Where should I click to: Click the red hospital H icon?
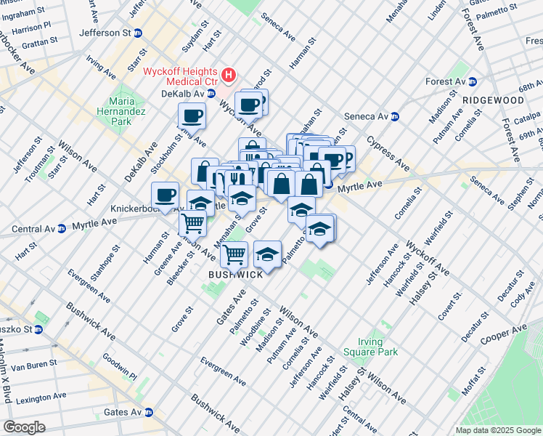[229, 74]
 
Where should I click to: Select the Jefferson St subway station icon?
[138, 33]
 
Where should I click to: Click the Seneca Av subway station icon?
[395, 116]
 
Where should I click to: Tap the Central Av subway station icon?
[62, 227]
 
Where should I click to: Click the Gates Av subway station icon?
[149, 412]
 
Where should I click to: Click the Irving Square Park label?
[378, 347]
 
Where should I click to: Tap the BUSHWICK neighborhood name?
[235, 275]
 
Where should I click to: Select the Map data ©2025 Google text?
[498, 430]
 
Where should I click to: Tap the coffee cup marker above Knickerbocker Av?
[165, 194]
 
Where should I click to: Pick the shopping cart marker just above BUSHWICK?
[234, 254]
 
